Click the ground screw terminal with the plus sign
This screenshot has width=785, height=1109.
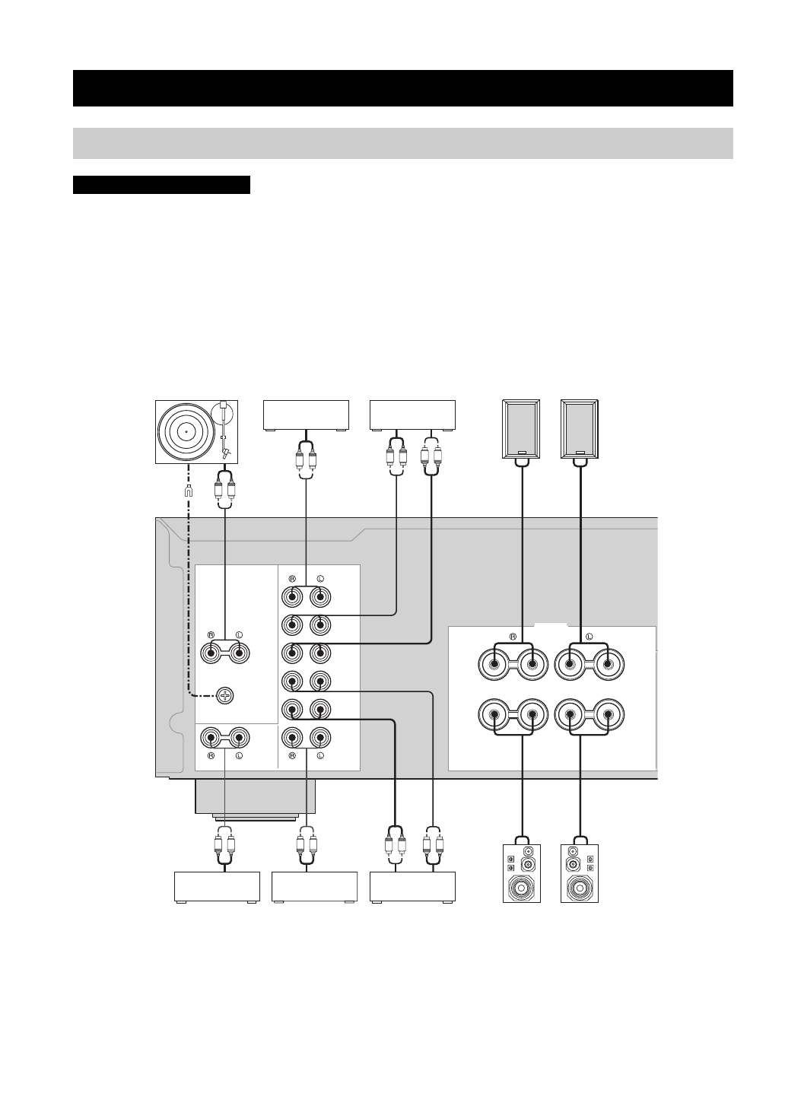pyautogui.click(x=224, y=694)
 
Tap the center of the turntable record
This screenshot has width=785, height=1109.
pyautogui.click(x=185, y=430)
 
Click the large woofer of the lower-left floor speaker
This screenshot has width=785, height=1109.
pyautogui.click(x=521, y=887)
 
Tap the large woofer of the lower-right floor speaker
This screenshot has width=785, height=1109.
pyautogui.click(x=580, y=887)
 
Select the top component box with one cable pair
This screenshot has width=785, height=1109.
pyautogui.click(x=306, y=415)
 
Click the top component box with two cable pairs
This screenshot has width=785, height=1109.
pyautogui.click(x=412, y=415)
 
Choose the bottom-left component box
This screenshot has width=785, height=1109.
pyautogui.click(x=218, y=887)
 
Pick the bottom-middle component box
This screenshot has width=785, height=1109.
pyautogui.click(x=314, y=887)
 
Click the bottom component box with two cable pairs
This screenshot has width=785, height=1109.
pyautogui.click(x=412, y=887)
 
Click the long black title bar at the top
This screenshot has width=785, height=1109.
pyautogui.click(x=403, y=88)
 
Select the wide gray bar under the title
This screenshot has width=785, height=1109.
pyautogui.click(x=403, y=143)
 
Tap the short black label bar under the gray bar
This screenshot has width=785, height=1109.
pyautogui.click(x=161, y=185)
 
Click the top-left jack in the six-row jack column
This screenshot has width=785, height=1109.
pyautogui.click(x=291, y=596)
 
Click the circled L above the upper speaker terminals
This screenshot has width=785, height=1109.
pyautogui.click(x=589, y=634)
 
